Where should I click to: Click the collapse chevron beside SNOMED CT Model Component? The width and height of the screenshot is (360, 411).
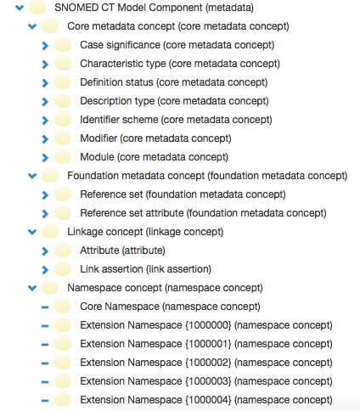[x=20, y=8]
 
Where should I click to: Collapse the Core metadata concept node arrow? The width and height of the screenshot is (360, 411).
[x=32, y=26]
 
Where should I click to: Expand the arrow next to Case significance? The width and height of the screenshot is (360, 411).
[x=45, y=45]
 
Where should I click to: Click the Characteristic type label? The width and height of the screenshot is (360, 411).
[x=180, y=64]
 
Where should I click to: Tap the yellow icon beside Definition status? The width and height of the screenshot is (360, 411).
[x=63, y=82]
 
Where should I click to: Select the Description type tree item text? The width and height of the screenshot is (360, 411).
[x=174, y=101]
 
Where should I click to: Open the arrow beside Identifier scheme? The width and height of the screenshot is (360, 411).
[x=45, y=120]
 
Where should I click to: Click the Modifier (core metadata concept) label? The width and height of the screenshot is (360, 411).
[x=155, y=138]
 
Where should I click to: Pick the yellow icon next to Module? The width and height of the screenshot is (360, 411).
[x=63, y=157]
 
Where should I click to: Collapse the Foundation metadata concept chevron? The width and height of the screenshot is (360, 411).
[x=32, y=176]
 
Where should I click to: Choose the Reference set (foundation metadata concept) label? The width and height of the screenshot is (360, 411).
[x=183, y=194]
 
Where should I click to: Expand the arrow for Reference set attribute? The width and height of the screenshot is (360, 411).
[x=45, y=213]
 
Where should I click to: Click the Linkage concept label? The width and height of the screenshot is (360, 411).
[x=145, y=232]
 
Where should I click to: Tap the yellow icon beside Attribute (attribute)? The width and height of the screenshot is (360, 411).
[x=63, y=251]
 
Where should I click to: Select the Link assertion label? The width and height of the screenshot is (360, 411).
[x=146, y=269]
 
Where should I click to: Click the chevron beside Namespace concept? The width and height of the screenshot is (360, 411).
[x=32, y=288]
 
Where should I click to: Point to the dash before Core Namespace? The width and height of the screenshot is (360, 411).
[x=45, y=307]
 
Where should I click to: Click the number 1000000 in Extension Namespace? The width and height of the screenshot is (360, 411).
[x=208, y=325]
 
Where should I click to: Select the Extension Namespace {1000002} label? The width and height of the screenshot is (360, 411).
[x=206, y=363]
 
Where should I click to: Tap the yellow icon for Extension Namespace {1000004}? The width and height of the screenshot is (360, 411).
[x=63, y=400]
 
